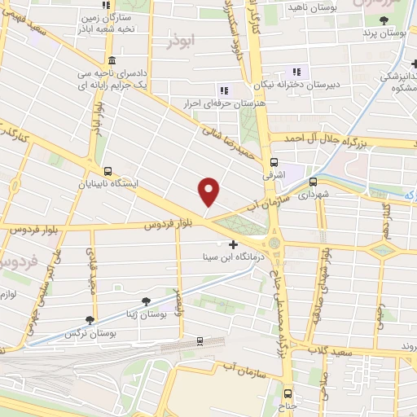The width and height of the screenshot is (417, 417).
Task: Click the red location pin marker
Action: pyautogui.click(x=209, y=191)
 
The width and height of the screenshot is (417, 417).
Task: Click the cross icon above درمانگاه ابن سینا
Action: pyautogui.click(x=234, y=244)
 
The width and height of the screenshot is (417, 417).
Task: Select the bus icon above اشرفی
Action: pyautogui.click(x=273, y=161)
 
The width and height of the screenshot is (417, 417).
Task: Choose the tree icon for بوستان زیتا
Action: pyautogui.click(x=147, y=301)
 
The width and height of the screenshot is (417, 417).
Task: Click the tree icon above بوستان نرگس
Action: pyautogui.click(x=89, y=321)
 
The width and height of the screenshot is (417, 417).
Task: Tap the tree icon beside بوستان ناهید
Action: pyautogui.click(x=271, y=7)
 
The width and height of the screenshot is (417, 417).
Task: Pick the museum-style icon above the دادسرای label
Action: pyautogui.click(x=111, y=62)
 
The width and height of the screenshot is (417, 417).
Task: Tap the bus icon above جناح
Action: pyautogui.click(x=287, y=390)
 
